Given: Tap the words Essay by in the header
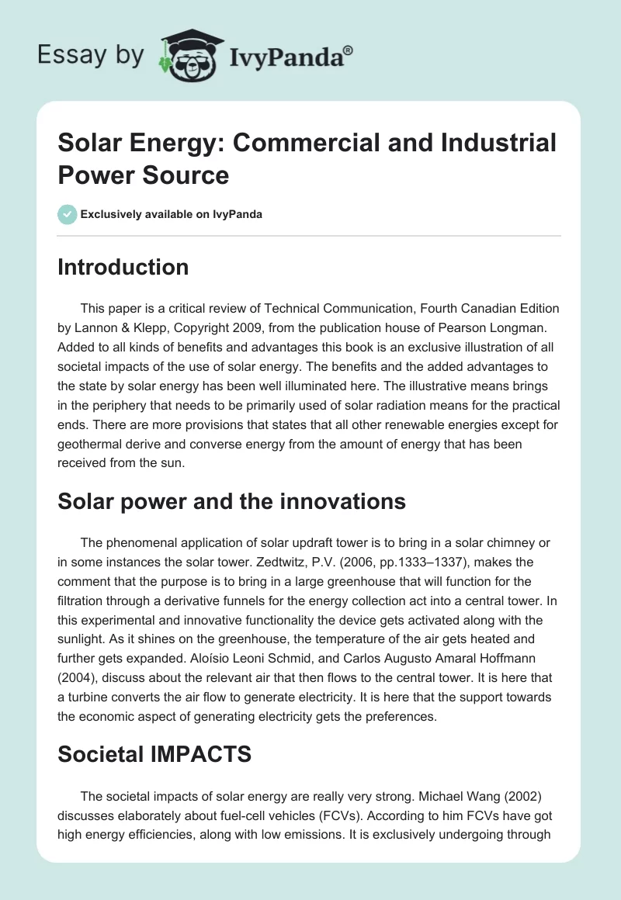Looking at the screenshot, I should point(90,56).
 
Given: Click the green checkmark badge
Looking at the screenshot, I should point(68,214).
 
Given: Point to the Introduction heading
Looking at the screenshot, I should point(123,267).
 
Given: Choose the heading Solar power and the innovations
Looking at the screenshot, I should point(231,501).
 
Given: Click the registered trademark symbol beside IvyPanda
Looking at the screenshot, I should point(349,50).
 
